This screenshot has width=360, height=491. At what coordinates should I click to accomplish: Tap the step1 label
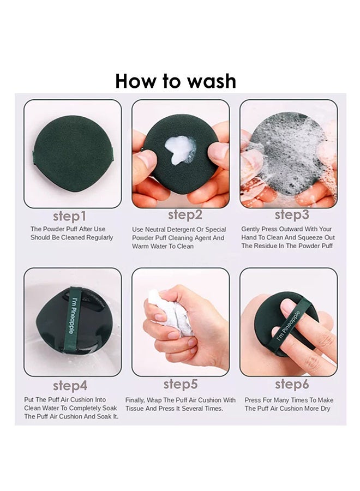(69, 216)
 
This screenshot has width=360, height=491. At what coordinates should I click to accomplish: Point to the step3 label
(292, 215)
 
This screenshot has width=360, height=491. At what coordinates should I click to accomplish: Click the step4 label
(70, 386)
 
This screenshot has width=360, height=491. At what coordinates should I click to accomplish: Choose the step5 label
(181, 384)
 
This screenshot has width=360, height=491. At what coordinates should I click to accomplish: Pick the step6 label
(292, 384)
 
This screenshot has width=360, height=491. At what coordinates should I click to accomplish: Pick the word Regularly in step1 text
(100, 238)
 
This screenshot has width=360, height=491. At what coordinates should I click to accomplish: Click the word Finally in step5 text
(135, 400)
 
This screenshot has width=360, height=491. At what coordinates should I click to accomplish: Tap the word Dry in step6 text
(325, 409)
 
